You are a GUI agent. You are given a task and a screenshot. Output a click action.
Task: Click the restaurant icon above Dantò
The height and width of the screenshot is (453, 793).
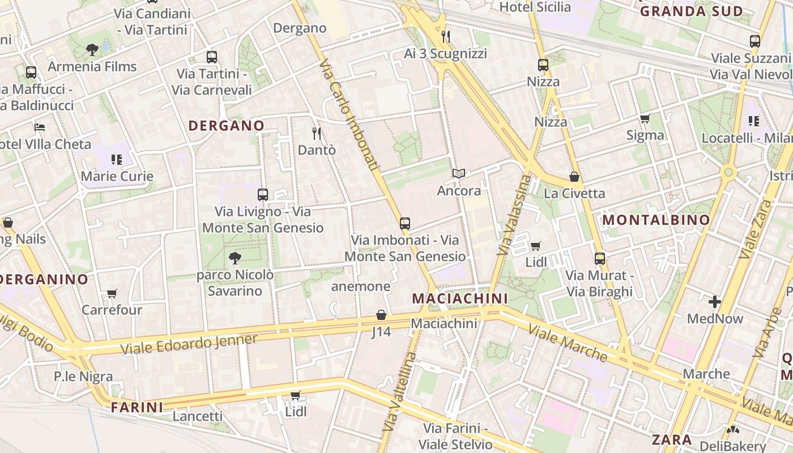[317, 134]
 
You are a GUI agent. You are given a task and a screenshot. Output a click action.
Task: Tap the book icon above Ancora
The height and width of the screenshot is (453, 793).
[459, 174]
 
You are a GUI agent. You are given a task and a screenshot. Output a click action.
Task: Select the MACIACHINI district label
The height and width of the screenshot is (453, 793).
[459, 298]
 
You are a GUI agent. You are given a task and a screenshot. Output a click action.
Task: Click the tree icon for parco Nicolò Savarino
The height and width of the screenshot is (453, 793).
[235, 259]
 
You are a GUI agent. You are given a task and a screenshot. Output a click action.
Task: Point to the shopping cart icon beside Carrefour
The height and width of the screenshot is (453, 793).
[112, 293]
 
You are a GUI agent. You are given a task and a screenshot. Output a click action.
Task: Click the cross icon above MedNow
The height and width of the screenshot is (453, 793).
[715, 302]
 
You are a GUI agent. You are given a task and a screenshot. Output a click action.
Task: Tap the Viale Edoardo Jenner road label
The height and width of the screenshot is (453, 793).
[189, 343]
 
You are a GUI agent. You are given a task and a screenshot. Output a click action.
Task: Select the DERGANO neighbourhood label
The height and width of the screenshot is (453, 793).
[226, 126]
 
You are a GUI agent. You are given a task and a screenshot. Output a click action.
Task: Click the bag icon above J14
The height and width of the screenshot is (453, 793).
[381, 315]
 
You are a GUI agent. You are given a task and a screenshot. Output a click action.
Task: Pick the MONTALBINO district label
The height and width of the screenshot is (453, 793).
[655, 220]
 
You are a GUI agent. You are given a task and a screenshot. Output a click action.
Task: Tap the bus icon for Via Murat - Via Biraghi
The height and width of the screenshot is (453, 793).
[600, 259]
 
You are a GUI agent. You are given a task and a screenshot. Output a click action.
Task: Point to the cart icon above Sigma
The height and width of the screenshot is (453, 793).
[645, 119]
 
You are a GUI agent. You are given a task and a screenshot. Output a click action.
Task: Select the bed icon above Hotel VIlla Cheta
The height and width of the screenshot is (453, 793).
[39, 127]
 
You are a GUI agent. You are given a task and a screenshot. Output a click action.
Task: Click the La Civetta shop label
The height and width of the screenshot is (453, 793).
[574, 194]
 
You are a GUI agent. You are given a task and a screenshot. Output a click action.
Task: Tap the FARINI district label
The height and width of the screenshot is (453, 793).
[137, 407]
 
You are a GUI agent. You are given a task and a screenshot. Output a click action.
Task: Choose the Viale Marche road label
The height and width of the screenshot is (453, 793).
[568, 343]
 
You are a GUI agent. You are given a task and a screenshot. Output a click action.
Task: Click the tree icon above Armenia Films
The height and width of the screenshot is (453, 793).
[92, 50]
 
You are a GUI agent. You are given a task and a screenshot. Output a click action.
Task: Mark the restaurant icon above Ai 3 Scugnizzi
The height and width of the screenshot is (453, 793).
[446, 37]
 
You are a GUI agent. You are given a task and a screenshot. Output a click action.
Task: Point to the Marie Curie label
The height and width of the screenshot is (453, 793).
[117, 176]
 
